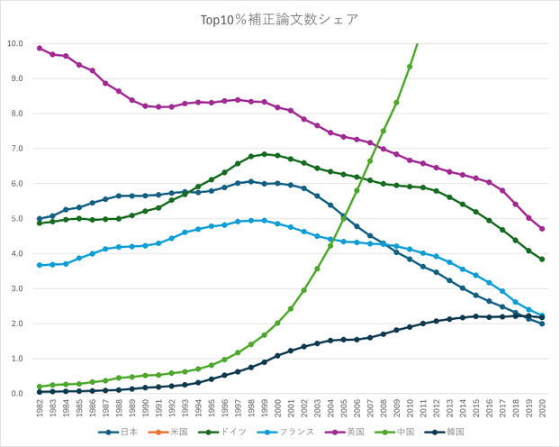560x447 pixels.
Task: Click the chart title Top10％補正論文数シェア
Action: coord(280,18)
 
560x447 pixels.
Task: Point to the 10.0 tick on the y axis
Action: coord(15,43)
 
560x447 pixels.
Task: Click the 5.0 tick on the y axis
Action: coord(15,218)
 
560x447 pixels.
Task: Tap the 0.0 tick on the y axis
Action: coord(15,394)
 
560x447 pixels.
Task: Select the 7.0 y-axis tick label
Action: coord(15,149)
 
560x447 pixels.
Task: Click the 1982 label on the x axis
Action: coord(40,407)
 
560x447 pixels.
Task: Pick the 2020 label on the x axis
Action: coord(542,407)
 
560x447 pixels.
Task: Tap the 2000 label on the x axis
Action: coord(277,407)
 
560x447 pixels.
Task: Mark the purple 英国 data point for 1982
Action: coord(40,48)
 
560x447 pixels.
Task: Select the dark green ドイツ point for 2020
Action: coord(542,260)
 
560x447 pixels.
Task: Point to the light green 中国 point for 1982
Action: coord(40,387)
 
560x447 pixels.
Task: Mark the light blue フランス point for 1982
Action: coord(40,265)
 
